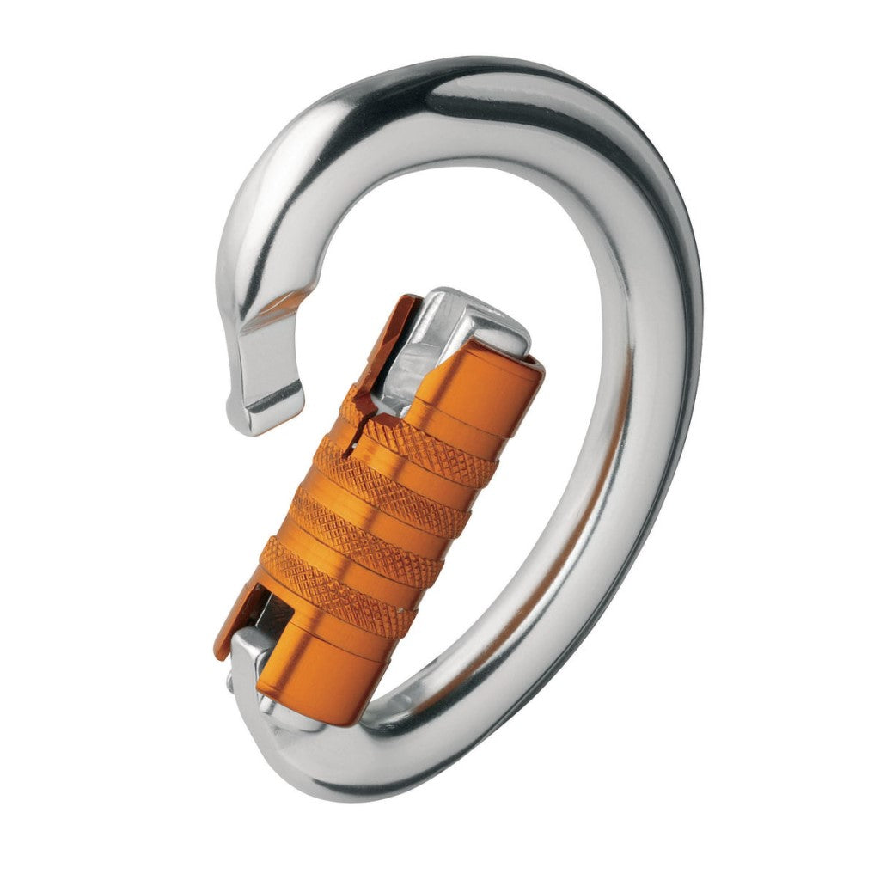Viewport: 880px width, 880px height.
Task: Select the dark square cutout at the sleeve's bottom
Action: coord(273,612)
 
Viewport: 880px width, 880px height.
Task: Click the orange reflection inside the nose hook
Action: coord(279,301)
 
